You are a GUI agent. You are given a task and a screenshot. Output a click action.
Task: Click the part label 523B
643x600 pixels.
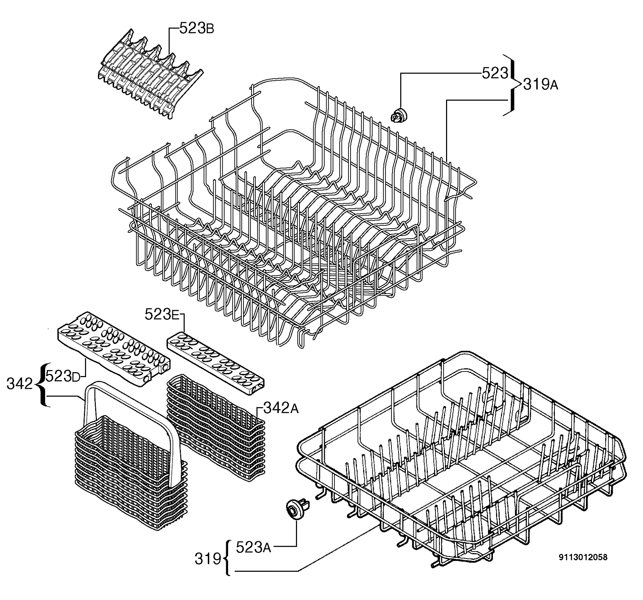197,28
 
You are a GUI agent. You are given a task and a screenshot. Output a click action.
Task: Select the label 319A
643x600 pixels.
541,85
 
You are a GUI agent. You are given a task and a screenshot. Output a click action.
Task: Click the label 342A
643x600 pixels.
281,408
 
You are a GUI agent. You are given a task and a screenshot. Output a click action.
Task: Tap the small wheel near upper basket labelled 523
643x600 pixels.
399,115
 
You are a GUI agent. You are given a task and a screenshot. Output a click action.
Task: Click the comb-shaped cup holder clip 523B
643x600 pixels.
150,75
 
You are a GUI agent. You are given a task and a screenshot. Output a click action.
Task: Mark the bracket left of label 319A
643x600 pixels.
512,85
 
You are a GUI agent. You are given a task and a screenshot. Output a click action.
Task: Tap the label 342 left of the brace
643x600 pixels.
20,384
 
